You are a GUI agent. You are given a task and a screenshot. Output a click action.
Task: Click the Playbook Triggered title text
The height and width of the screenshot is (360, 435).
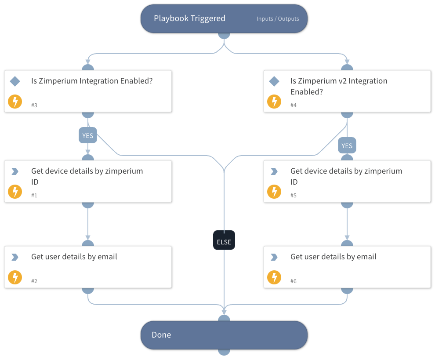pos(189,18)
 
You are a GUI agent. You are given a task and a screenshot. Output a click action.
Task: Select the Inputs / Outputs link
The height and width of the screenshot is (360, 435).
pos(278,19)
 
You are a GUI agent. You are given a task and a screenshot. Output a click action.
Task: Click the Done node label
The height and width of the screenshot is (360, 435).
pos(161,335)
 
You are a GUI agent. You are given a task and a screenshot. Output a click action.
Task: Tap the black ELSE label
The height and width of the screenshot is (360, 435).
pos(224,242)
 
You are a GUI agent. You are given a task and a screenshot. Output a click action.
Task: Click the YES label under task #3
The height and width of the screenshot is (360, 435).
pos(88,136)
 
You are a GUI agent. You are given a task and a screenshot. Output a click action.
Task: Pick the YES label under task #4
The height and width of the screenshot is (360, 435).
pos(347,145)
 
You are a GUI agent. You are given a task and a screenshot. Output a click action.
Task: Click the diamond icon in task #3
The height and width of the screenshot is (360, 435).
pos(15,81)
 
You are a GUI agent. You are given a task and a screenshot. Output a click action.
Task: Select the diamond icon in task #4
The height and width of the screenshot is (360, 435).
pos(274,81)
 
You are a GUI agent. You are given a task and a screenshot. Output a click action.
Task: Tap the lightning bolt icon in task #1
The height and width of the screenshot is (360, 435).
pos(15,192)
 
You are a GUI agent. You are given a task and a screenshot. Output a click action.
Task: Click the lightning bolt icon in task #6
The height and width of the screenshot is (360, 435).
pos(274,277)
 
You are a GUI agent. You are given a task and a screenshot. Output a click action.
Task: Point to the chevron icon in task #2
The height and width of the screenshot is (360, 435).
pos(15,257)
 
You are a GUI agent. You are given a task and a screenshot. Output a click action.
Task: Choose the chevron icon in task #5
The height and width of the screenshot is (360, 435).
pos(274,171)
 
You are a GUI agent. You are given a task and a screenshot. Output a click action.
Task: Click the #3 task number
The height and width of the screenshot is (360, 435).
pos(34,105)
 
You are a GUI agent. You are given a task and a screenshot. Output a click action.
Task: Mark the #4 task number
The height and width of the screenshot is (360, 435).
pos(294,105)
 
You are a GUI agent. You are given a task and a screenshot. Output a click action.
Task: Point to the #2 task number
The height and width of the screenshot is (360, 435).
pos(34,281)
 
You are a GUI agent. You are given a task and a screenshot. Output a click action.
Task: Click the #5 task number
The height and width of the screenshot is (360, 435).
pos(294,195)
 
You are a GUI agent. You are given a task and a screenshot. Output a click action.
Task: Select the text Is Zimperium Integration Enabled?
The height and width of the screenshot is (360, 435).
pos(92,81)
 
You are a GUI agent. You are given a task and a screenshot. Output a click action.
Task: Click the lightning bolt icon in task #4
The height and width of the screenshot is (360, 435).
pos(274,102)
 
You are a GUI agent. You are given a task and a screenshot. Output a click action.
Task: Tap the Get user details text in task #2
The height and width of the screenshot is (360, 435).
pos(74,257)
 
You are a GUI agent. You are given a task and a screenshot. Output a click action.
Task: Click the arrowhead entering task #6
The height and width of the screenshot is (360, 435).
pos(347,238)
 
